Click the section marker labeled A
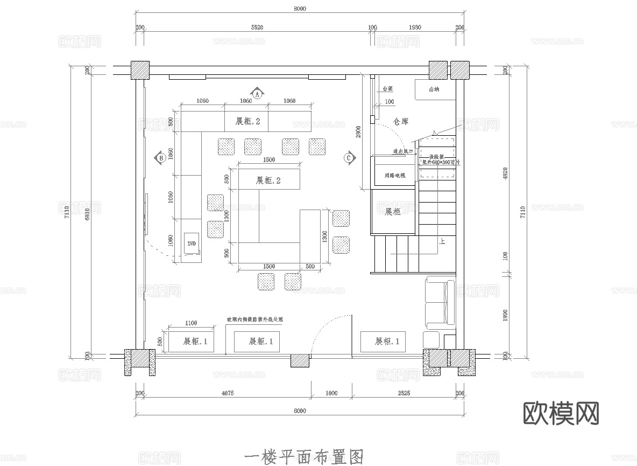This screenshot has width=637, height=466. pyautogui.click(x=257, y=94)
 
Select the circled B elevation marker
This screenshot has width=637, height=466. pyautogui.click(x=160, y=158)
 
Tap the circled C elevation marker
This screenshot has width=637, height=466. pyautogui.click(x=349, y=158)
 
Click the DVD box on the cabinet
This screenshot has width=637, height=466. pyautogui.click(x=192, y=244)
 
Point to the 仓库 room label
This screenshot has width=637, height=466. pyautogui.click(x=400, y=122)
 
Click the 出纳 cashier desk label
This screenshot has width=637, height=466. pyautogui.click(x=434, y=89)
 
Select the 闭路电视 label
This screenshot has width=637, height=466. pyautogui.click(x=395, y=176)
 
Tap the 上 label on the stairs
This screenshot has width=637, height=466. pyautogui.click(x=442, y=242)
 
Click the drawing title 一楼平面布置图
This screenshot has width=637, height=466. pyautogui.click(x=303, y=457)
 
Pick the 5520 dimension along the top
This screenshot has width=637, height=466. pyautogui.click(x=257, y=27)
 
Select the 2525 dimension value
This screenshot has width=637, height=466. pyautogui.click(x=404, y=393)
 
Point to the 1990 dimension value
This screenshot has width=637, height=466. pyautogui.click(x=415, y=27)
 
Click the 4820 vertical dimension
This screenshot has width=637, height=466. pyautogui.click(x=505, y=173)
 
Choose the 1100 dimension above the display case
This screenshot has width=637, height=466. pyautogui.click(x=190, y=323)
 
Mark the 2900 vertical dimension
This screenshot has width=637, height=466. pyautogui.click(x=358, y=132)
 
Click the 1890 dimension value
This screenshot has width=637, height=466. pyautogui.click(x=505, y=315)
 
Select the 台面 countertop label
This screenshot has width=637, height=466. pyautogui.click(x=387, y=89)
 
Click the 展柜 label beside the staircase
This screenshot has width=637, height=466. pyautogui.click(x=393, y=212)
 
